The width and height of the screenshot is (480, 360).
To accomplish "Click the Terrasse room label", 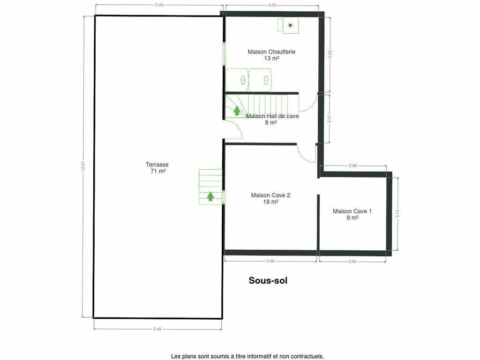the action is tap(157, 165).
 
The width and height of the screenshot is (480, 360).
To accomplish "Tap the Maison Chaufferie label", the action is tap(271, 52).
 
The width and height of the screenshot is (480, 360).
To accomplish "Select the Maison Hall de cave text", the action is tap(272, 116).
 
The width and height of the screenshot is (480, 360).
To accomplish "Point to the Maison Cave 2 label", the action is tap(270, 195).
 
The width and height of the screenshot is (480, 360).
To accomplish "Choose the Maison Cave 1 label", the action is tap(352, 211).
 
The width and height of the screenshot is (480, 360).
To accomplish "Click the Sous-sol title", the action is tap(268, 280).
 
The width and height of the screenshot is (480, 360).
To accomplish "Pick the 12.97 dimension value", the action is tap(83, 167).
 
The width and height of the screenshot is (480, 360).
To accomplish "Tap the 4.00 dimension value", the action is tap(272, 5).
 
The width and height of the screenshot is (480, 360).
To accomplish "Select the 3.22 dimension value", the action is tap(330, 54).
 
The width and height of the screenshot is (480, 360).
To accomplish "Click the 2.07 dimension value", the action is tap(330, 119).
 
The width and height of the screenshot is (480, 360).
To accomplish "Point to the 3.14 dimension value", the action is tap(397, 213).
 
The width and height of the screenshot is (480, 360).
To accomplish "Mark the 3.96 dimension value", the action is tap(270, 262).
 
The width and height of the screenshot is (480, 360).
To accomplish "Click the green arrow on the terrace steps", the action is tap(210, 196).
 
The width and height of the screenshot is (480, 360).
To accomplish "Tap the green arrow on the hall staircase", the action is tap(237, 111).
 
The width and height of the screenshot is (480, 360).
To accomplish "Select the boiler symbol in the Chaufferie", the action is tap(291, 25).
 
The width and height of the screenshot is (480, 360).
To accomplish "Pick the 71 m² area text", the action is tap(158, 171).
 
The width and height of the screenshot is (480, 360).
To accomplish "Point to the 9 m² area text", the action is tap(352, 217).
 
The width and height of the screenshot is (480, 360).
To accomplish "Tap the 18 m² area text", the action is tap(270, 202).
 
